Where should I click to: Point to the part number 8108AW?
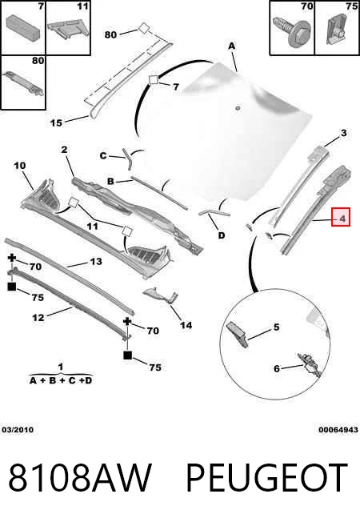[x=80, y=476]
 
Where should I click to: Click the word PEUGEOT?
[x=267, y=476]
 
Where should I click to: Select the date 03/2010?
[x=18, y=430]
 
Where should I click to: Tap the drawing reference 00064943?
[x=338, y=430]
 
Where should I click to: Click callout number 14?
[x=186, y=325]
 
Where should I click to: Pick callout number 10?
[x=20, y=166]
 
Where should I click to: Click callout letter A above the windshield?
[x=231, y=46]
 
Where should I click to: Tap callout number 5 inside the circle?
[x=277, y=327]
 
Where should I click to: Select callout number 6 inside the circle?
[x=277, y=368]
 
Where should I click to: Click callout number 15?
[x=56, y=122]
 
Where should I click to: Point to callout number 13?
[x=96, y=261]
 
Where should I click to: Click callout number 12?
[x=38, y=318]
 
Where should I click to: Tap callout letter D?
[x=222, y=235]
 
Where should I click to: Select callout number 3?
[x=343, y=133]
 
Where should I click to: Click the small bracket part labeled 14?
[x=160, y=295]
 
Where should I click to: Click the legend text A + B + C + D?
[x=60, y=380]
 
